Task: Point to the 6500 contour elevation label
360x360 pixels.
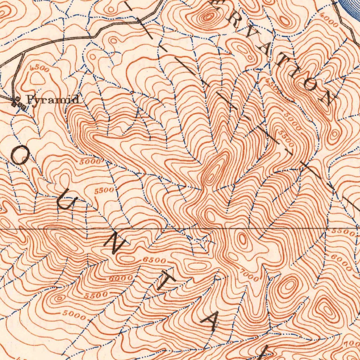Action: coord(154,261)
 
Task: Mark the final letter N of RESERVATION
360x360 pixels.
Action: coord(325,97)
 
